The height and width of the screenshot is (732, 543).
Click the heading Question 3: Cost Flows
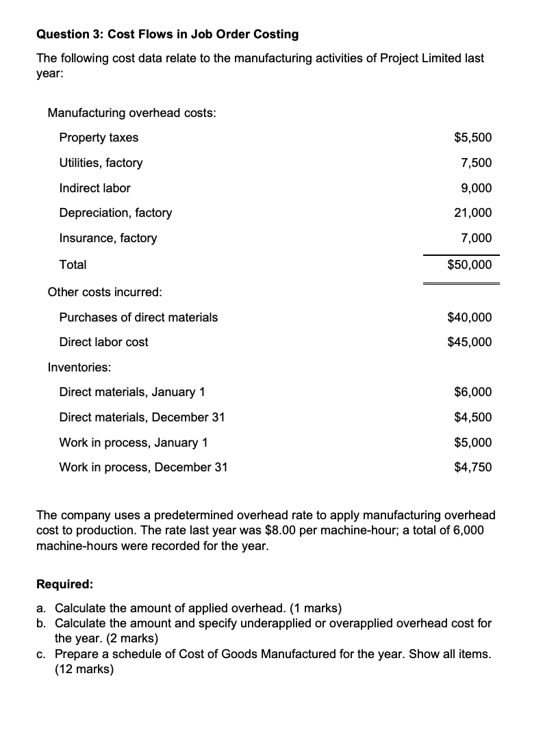(167, 34)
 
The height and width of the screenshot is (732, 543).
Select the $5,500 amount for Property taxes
(472, 138)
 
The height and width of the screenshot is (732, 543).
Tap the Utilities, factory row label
(101, 163)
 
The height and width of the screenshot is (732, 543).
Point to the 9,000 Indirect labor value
(476, 188)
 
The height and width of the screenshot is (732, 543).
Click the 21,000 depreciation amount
(472, 213)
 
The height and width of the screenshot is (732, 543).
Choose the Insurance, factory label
(108, 238)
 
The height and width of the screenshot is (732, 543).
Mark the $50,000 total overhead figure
(469, 264)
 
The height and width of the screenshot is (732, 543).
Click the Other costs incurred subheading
(105, 292)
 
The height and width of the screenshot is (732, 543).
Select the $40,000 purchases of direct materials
(469, 317)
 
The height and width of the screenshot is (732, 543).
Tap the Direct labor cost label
(103, 342)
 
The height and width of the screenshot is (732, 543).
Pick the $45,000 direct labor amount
(469, 342)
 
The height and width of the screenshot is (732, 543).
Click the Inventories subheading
(79, 367)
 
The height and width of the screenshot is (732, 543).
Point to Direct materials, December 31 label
(142, 417)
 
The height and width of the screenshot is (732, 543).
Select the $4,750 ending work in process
(472, 468)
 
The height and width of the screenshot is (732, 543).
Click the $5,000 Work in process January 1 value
(472, 443)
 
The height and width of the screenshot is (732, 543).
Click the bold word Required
(64, 585)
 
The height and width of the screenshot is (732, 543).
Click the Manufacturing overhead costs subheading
(131, 113)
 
